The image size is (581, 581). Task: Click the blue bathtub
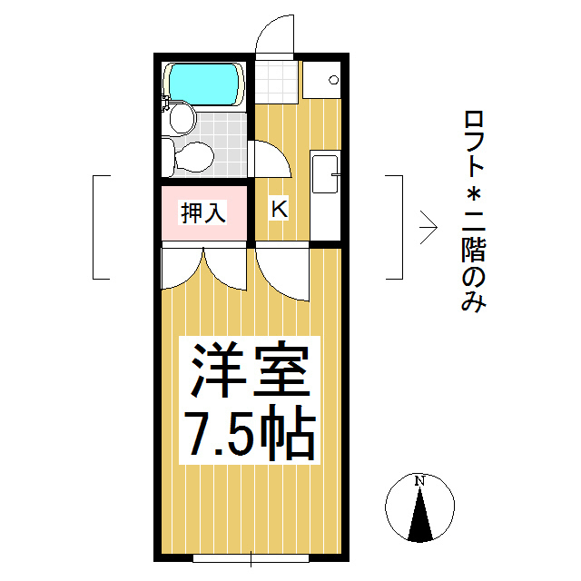pos(203,84)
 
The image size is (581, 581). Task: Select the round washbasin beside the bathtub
pos(182,119)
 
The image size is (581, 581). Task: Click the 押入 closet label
pos(203,212)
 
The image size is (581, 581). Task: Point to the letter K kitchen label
pos(280,209)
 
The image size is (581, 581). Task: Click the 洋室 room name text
pos(250,369)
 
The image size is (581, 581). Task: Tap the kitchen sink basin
pos(325,174)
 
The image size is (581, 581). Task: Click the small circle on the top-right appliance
pos(333,80)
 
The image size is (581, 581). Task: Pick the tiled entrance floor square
pos(276,83)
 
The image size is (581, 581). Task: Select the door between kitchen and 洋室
pos(282,274)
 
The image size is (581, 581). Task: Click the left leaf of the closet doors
pos(182,269)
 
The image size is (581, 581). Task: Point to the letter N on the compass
pos(419,481)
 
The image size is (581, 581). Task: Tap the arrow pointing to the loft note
pos(428,228)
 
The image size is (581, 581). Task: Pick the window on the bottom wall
pos(251,558)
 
